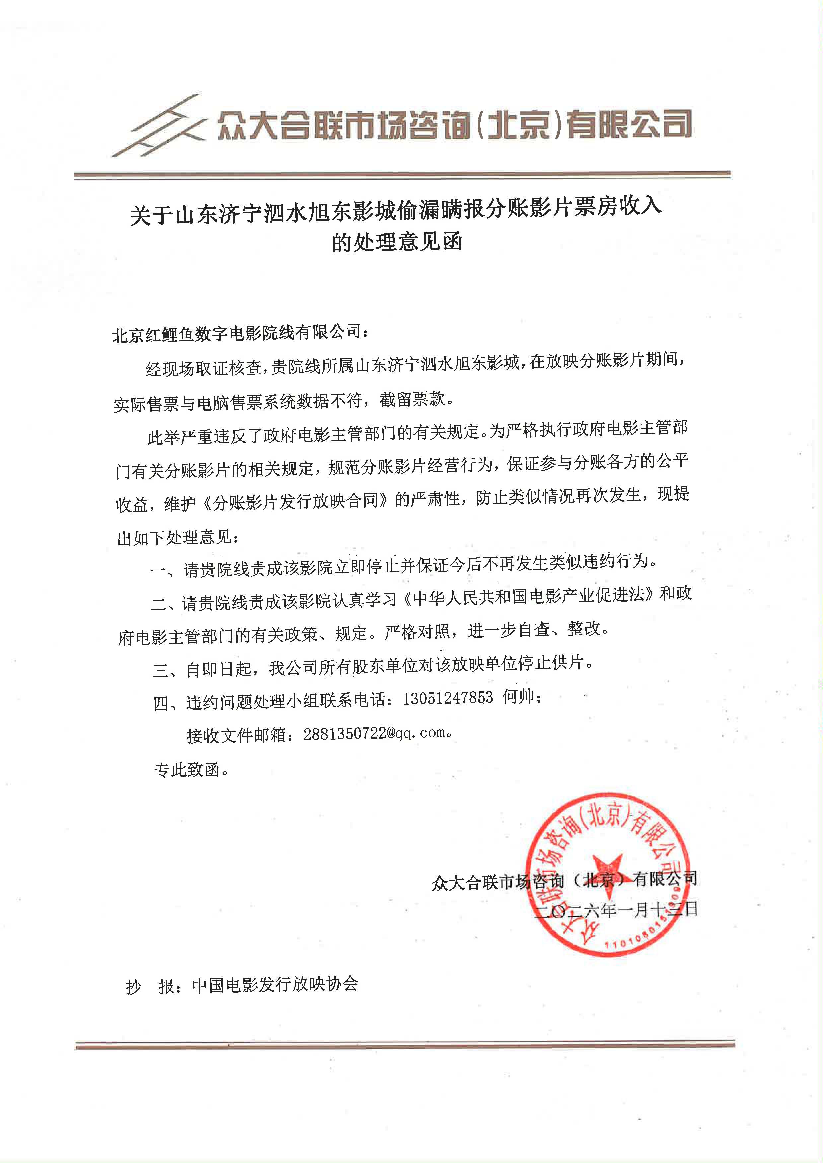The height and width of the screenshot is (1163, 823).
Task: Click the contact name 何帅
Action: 519,697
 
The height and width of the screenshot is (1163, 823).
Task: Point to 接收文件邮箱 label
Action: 236,735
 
